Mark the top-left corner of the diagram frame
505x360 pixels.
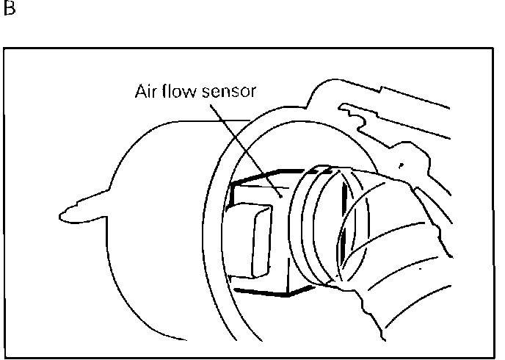pyautogui.click(x=5, y=49)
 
